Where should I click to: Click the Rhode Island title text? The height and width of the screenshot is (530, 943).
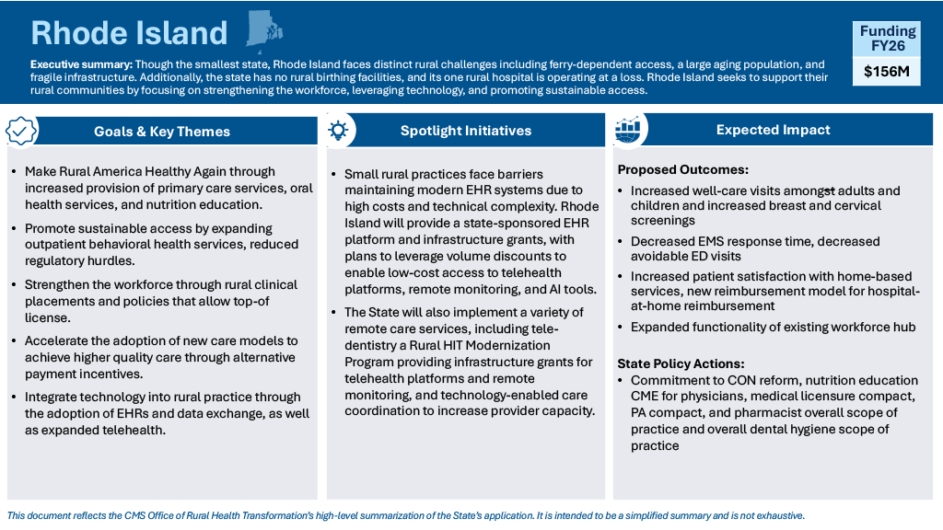coord(129,32)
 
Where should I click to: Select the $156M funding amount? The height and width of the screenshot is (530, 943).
coord(887,72)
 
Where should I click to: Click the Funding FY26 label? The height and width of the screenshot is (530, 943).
coord(888,39)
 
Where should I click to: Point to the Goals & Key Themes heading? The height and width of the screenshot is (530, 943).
coord(162,132)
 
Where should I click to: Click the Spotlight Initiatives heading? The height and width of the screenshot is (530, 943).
coord(466,131)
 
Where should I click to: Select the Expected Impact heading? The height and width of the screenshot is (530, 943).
coord(773,130)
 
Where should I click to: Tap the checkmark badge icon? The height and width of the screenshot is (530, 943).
coord(21,131)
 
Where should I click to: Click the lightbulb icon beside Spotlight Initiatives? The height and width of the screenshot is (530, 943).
coord(338,130)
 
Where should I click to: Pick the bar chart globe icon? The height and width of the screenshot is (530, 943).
coord(627,129)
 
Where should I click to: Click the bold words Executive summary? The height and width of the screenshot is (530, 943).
coord(81,64)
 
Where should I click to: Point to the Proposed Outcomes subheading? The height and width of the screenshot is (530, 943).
coord(682,169)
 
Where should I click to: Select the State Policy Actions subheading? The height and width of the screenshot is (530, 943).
coord(681,363)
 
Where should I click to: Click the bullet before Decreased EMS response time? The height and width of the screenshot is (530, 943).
coord(621,242)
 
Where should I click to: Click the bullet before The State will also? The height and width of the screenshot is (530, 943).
coord(333,313)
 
